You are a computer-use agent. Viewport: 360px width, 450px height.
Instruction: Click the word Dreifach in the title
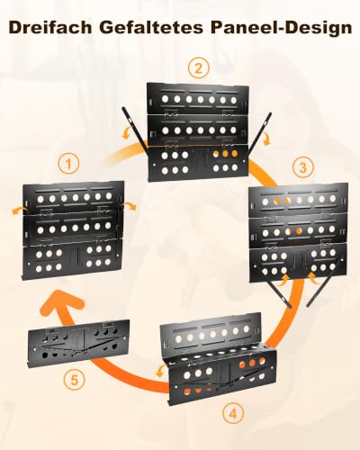coord(50,28)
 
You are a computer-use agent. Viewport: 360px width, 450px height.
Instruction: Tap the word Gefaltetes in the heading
coord(151,28)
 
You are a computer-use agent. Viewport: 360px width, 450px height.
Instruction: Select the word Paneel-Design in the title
coord(281,28)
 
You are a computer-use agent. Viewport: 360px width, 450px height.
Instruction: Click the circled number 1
coord(68,164)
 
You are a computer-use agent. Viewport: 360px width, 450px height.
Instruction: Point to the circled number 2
coord(199,68)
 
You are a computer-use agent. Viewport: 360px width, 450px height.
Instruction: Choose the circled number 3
coord(303,166)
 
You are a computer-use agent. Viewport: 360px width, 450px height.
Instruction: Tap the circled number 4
coord(233,413)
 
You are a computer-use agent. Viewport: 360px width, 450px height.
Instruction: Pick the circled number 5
coord(74,380)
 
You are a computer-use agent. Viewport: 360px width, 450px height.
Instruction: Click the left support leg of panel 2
coord(135,130)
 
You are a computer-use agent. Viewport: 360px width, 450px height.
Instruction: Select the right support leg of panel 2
coord(259,133)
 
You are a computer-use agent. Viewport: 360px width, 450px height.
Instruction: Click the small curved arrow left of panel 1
coord(19,210)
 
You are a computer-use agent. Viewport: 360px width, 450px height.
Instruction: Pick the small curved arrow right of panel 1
coord(129,206)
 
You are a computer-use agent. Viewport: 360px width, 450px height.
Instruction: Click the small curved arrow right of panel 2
coord(265,139)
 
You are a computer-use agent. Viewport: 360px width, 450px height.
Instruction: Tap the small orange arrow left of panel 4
coord(160,372)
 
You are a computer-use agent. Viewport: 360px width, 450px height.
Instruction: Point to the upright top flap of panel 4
coord(211,331)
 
